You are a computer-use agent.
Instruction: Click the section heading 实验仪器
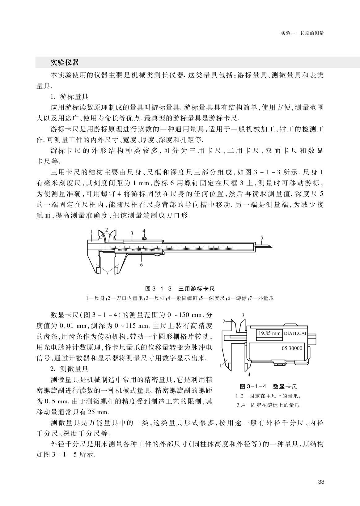pos(65,63)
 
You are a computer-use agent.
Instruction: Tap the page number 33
pos(321,482)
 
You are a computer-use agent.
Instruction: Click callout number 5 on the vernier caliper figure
pos(262,237)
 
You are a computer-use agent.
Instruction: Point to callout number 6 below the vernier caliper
pos(141,265)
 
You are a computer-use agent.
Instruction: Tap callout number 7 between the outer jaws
pos(107,273)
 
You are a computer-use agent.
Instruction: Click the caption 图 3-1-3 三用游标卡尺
pos(180,289)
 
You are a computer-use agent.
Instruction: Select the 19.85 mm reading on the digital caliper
pos(269,333)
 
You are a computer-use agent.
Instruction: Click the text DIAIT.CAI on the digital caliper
pos(295,333)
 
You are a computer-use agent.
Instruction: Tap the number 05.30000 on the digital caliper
pos(292,348)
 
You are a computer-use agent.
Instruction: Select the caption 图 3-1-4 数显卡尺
pos(268,386)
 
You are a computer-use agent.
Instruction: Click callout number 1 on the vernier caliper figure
pos(91,231)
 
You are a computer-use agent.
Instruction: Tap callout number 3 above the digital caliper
pos(243,315)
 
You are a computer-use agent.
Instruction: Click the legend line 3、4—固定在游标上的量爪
pos(268,405)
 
